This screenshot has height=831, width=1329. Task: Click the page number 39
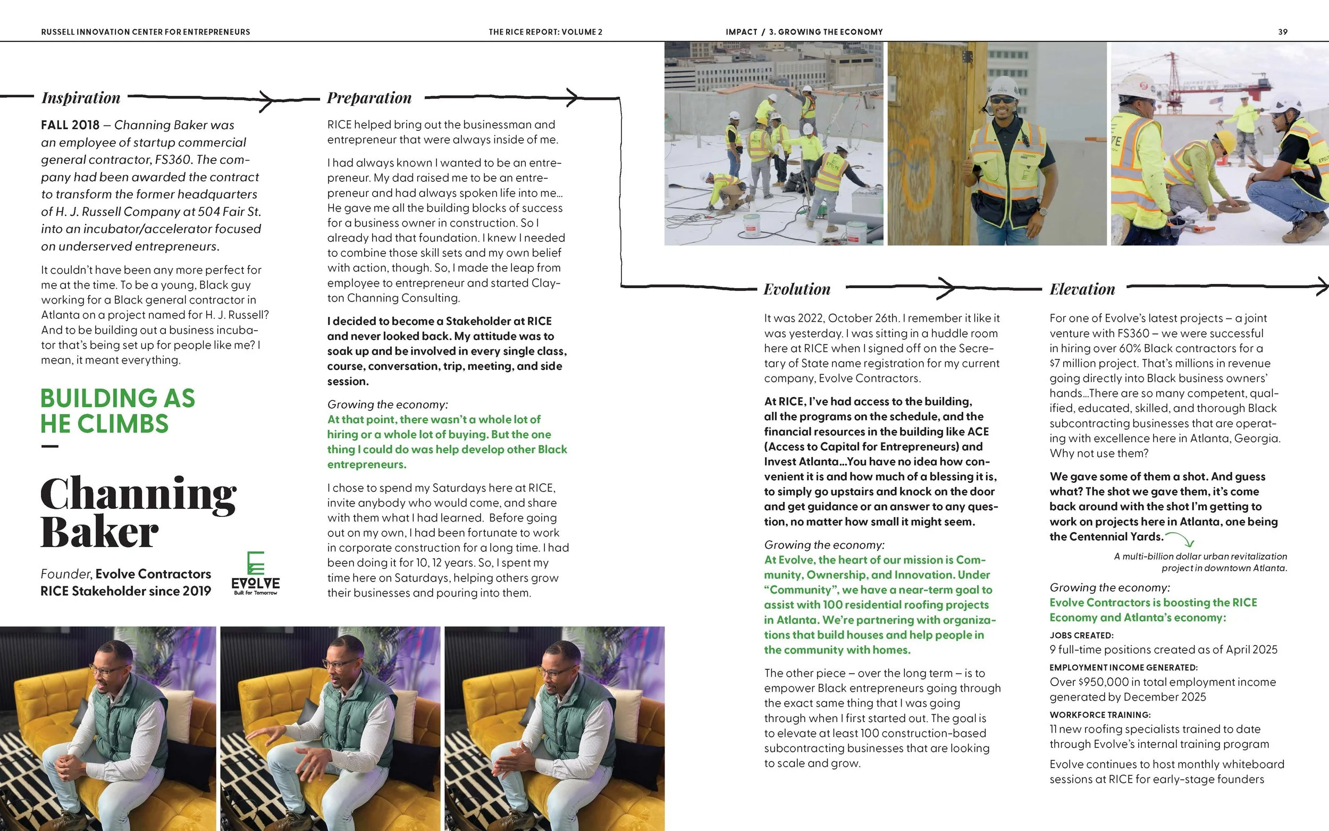click(1282, 32)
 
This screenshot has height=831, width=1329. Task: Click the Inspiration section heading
click(81, 98)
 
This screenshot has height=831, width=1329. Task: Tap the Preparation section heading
click(369, 98)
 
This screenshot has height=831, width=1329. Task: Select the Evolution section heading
click(797, 289)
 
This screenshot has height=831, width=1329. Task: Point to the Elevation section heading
click(1082, 289)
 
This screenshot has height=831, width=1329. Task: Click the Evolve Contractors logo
click(256, 573)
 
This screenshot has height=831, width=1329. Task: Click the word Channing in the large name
click(138, 494)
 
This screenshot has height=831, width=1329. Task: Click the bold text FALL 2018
click(70, 125)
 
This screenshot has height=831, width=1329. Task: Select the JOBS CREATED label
click(1081, 635)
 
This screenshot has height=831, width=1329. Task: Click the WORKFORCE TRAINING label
click(1100, 715)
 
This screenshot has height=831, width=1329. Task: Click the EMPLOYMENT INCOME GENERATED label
click(1123, 668)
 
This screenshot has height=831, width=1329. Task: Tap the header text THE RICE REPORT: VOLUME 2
click(545, 32)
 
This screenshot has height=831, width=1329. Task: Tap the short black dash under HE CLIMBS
click(49, 446)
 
